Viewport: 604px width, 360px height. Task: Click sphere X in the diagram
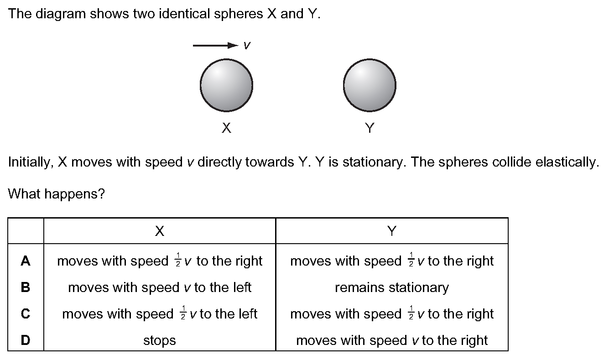pyautogui.click(x=226, y=85)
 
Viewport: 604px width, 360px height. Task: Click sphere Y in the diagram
pyautogui.click(x=370, y=85)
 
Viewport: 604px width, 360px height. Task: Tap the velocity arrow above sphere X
pyautogui.click(x=216, y=45)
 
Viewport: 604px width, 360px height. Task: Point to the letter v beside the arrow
pyautogui.click(x=247, y=45)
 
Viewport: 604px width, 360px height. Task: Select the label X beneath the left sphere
pyautogui.click(x=226, y=128)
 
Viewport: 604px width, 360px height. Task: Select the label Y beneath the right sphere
pyautogui.click(x=370, y=128)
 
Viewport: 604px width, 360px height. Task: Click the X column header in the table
pyautogui.click(x=160, y=231)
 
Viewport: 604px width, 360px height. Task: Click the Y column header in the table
pyautogui.click(x=392, y=231)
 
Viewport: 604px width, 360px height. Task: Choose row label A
pyautogui.click(x=26, y=261)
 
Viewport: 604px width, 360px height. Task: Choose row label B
pyautogui.click(x=26, y=287)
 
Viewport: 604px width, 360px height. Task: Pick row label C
pyautogui.click(x=26, y=313)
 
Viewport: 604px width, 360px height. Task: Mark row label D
pyautogui.click(x=26, y=340)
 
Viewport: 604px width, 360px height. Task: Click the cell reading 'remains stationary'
pyautogui.click(x=392, y=287)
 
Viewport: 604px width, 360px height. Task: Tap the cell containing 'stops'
pyautogui.click(x=160, y=340)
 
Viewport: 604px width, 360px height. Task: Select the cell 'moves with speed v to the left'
pyautogui.click(x=160, y=287)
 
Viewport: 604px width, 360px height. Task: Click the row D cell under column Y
pyautogui.click(x=392, y=340)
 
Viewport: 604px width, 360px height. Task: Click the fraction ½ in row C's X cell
pyautogui.click(x=183, y=313)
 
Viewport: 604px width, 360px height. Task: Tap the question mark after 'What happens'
pyautogui.click(x=101, y=193)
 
